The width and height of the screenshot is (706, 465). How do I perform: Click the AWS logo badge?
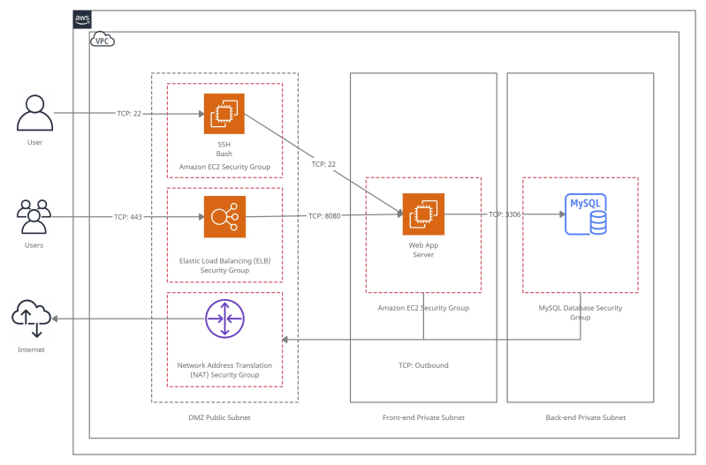tap(81, 19)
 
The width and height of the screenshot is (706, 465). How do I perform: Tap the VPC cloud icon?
tap(102, 40)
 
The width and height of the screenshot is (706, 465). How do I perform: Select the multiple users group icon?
tap(34, 217)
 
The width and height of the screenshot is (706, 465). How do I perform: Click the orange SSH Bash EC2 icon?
tap(224, 114)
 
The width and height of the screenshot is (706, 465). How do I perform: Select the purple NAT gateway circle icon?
tap(224, 319)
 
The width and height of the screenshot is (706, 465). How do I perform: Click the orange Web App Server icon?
tap(423, 214)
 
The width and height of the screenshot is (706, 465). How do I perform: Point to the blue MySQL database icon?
tap(587, 214)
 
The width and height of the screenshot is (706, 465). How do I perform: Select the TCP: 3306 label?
tap(505, 214)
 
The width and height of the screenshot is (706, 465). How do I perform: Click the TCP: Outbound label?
tap(423, 365)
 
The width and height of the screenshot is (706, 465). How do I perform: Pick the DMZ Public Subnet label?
tap(224, 417)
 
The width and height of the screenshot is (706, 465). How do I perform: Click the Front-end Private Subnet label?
tap(423, 417)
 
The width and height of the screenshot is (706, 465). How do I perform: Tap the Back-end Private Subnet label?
tap(585, 417)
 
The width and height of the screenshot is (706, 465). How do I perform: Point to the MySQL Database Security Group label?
tap(580, 312)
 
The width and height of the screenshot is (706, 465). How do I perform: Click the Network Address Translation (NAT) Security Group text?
tap(224, 370)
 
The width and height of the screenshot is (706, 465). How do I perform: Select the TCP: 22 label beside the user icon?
tap(129, 114)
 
